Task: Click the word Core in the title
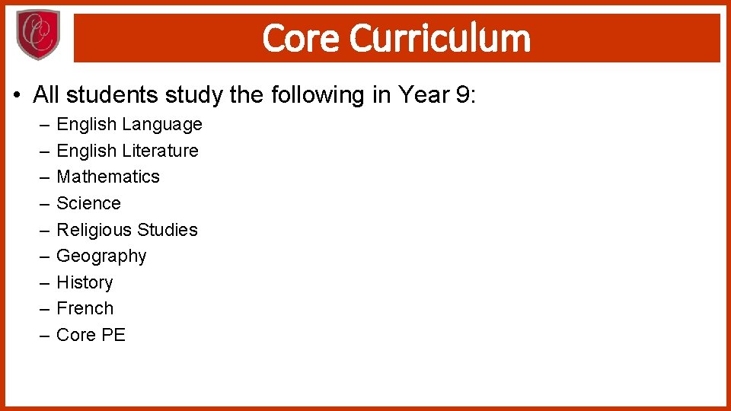pos(301,38)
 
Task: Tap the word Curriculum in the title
pos(440,38)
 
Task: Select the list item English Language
pos(129,124)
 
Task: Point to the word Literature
pos(160,151)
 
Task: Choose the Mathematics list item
pos(108,177)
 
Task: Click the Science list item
pos(88,203)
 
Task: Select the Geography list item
pos(101,256)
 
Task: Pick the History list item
pos(85,282)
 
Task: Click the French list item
pos(85,308)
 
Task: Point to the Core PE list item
pos(91,335)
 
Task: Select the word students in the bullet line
pos(109,95)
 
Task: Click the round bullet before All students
pos(17,96)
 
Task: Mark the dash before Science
pos(43,204)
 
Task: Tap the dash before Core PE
pos(43,336)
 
